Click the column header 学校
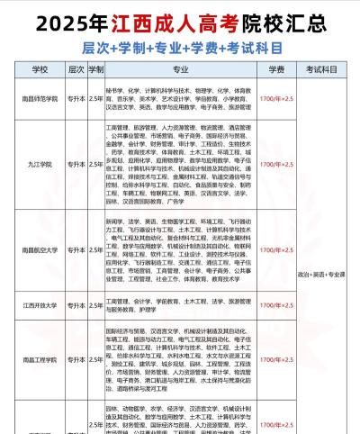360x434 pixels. tap(40, 68)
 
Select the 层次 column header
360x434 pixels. tap(76, 68)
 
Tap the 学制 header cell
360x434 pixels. tap(95, 68)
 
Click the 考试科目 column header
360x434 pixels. tap(325, 68)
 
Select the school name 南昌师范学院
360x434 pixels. tap(40, 99)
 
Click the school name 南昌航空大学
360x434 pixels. tap(40, 249)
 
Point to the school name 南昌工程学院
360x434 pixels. tap(40, 358)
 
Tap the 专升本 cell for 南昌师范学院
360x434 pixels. tap(76, 99)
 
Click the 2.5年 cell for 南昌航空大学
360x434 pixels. tap(95, 249)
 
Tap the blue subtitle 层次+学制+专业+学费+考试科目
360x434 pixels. tap(180, 45)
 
